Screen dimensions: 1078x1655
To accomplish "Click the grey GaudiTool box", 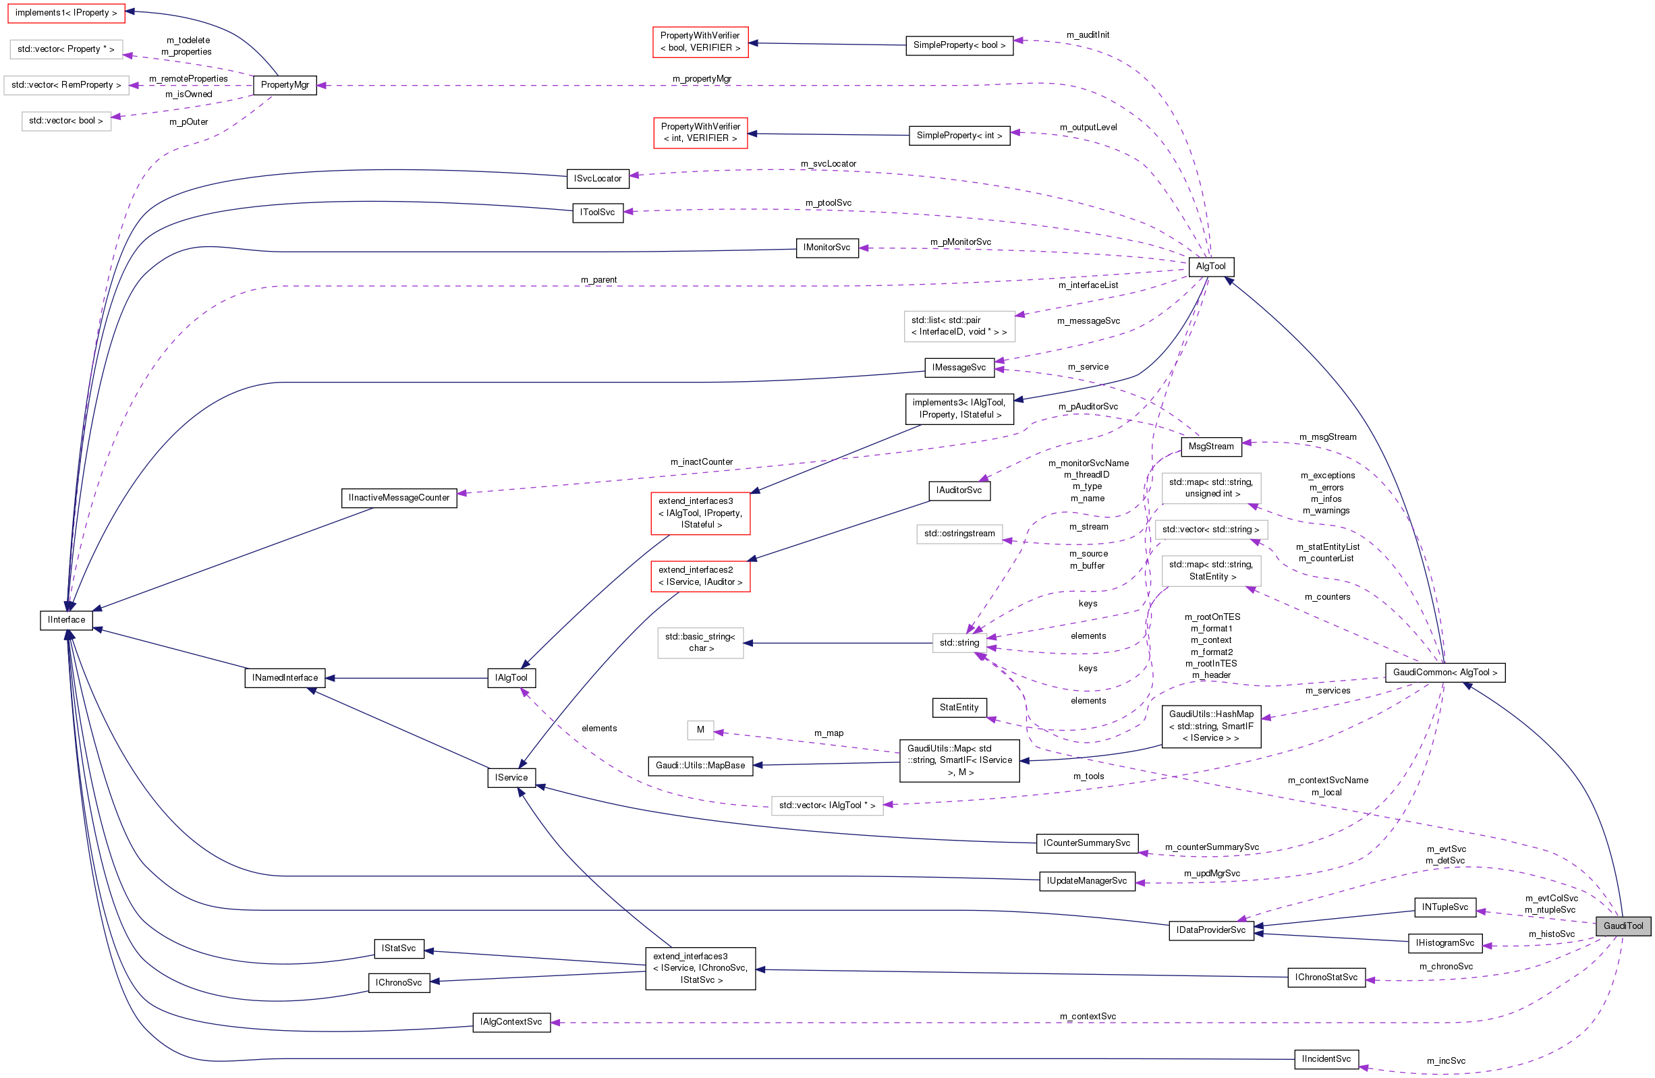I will tap(1623, 926).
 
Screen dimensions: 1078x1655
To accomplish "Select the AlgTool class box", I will tap(1210, 266).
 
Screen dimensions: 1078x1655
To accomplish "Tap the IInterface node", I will tap(66, 620).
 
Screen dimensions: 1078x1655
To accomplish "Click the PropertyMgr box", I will tap(285, 85).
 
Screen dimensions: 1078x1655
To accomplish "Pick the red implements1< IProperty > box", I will tap(66, 13).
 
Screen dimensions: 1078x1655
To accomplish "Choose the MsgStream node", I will tap(1210, 447).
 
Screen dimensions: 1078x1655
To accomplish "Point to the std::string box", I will tap(959, 643).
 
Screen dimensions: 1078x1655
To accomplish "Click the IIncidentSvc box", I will tap(1325, 1058).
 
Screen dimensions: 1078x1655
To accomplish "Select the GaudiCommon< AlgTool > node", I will tap(1444, 673).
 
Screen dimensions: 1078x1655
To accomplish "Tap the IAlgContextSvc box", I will tap(511, 1021).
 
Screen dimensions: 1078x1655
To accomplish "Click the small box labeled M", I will tap(700, 729).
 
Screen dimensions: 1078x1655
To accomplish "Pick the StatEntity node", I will tap(959, 707).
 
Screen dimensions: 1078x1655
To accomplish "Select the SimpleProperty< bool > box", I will tap(959, 45).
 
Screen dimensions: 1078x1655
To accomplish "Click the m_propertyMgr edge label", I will tap(702, 78).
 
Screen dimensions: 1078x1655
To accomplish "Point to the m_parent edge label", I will tap(598, 279).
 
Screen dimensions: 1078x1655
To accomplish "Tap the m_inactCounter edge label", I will tap(701, 462).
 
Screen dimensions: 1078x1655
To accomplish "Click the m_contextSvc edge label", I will tap(1088, 1016).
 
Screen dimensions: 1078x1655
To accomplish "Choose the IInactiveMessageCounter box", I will tap(399, 498).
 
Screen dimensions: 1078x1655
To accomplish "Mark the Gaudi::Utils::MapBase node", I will tap(700, 765).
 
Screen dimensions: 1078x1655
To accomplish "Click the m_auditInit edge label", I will tap(1088, 35).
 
